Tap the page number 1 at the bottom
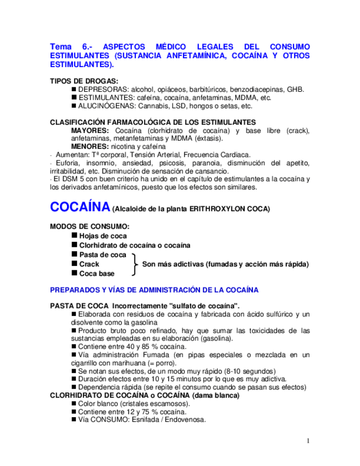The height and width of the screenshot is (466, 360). [308, 441]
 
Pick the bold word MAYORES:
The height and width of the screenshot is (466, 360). [90, 130]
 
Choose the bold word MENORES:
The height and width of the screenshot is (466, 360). [90, 147]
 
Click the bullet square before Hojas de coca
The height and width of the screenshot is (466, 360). [74, 235]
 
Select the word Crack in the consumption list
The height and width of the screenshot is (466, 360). [89, 264]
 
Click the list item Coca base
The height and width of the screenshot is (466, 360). [97, 274]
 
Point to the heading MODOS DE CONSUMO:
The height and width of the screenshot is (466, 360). [90, 226]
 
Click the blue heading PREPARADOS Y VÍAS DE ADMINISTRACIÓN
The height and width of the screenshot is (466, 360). [154, 290]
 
